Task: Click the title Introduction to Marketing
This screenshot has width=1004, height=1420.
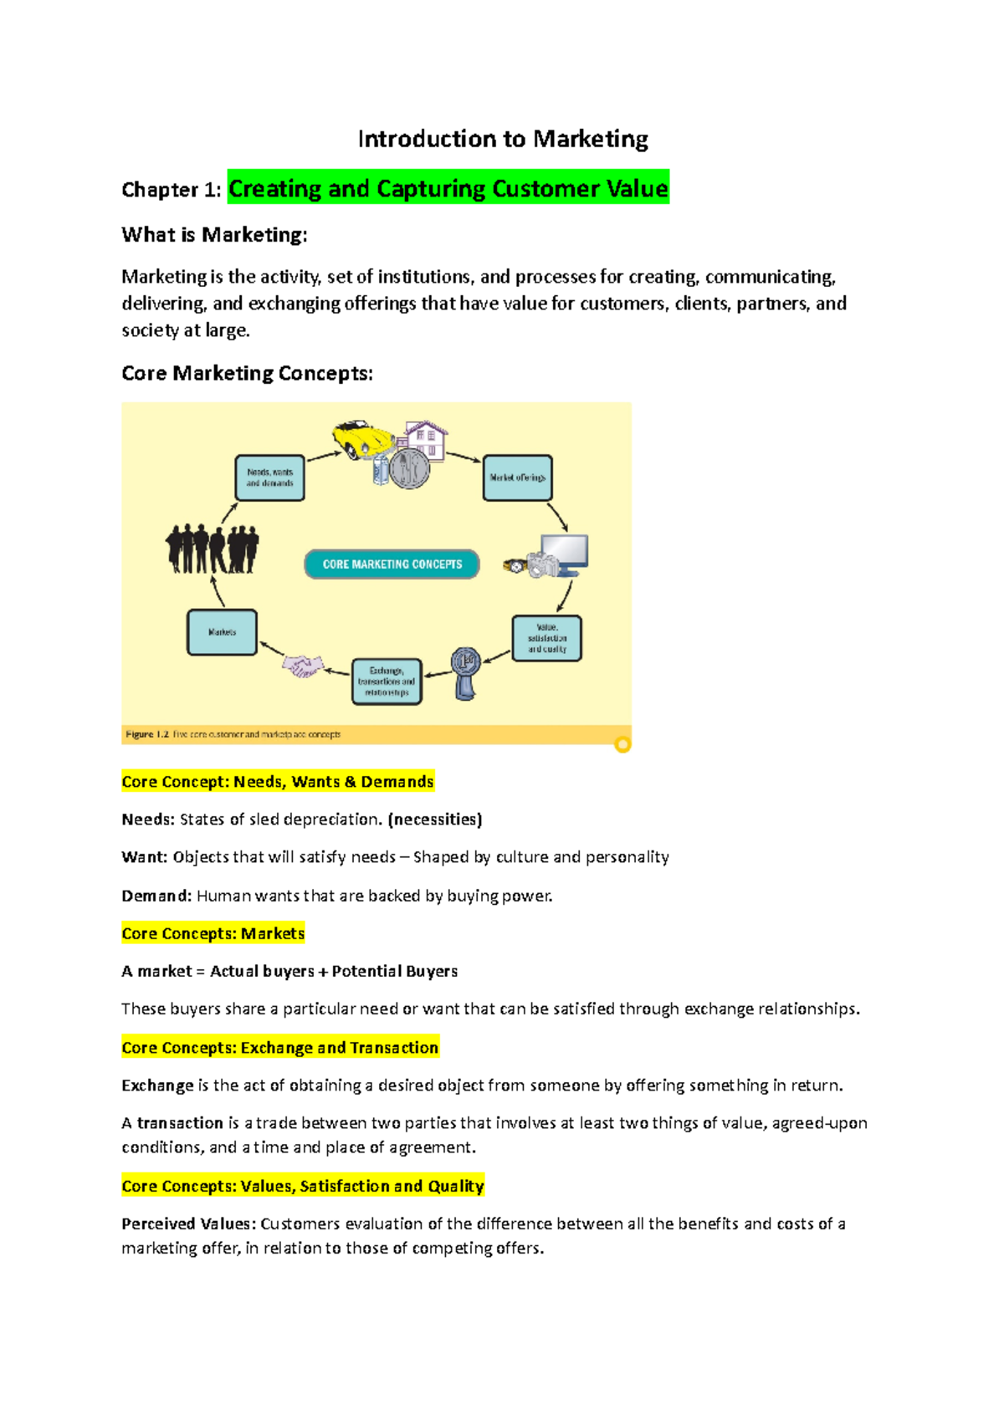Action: [x=503, y=139]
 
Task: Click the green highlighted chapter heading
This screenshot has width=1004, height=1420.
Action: [x=448, y=189]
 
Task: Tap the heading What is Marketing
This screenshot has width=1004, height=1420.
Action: [x=214, y=235]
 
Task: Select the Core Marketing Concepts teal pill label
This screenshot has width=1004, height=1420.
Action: [x=392, y=564]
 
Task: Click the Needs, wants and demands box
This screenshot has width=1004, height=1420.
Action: [x=269, y=478]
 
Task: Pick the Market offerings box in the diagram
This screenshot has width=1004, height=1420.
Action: [x=517, y=478]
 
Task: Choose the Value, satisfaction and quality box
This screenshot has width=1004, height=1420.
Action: [x=546, y=638]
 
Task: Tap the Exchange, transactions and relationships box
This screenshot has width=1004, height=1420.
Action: [x=387, y=682]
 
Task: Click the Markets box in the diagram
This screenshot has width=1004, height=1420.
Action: [x=222, y=632]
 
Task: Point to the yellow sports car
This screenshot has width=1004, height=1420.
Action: [x=361, y=439]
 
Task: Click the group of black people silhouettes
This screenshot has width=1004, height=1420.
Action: [x=212, y=549]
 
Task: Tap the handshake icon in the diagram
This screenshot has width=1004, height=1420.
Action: [x=302, y=667]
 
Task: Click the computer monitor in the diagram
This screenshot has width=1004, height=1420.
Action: [x=566, y=554]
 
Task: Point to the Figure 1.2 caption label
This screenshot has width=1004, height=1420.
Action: [x=147, y=734]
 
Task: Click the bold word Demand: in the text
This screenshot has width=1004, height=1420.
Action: [x=156, y=896]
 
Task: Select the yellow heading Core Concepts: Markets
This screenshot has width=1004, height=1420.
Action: [x=213, y=933]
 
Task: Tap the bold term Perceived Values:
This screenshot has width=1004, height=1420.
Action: [x=188, y=1223]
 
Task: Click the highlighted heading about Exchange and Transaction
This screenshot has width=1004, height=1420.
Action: [x=280, y=1048]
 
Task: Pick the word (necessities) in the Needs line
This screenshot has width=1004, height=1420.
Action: [x=435, y=820]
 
